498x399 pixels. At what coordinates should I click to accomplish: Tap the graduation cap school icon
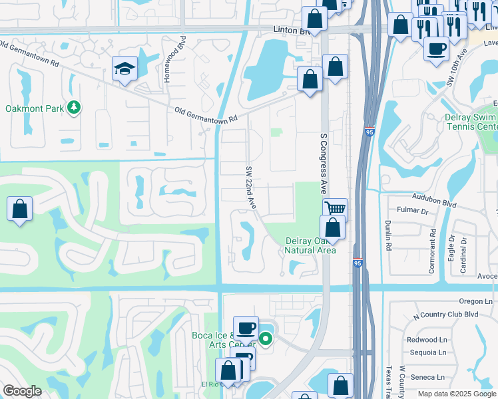coord(124,68)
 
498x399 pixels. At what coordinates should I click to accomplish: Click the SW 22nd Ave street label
coord(251,187)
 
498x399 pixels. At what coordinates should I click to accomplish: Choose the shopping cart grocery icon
coord(336,209)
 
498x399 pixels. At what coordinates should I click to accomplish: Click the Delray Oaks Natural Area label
coord(310,245)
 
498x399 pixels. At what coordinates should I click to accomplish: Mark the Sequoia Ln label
coord(427,353)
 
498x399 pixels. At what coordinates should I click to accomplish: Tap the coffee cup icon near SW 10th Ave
coord(436,49)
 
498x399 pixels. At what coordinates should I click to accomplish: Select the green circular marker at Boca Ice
coord(266,340)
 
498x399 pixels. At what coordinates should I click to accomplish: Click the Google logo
coord(22,391)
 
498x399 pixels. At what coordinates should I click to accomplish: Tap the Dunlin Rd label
coord(387,233)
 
